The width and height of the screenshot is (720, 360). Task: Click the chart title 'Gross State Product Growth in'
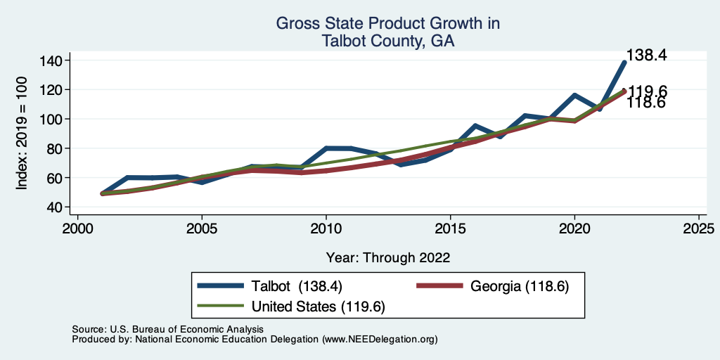(387, 23)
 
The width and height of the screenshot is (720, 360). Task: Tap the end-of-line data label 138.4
(646, 55)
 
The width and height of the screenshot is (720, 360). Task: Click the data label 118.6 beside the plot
(646, 103)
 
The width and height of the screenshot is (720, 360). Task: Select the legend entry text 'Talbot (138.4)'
(300, 287)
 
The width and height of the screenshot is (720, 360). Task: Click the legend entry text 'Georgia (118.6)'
(516, 287)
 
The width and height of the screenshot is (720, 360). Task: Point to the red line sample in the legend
(442, 287)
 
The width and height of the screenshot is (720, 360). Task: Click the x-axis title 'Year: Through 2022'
(388, 257)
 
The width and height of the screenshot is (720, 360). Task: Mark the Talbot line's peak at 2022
(624, 63)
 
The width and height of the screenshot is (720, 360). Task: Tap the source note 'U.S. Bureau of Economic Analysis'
(186, 329)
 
